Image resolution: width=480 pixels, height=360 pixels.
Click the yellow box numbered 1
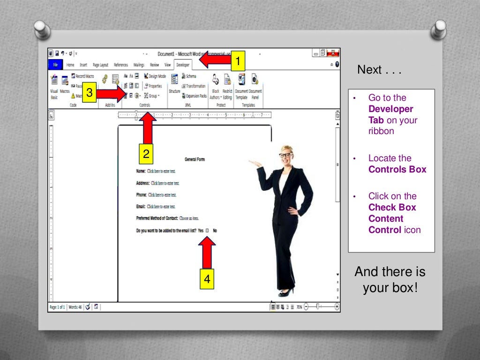[238, 61]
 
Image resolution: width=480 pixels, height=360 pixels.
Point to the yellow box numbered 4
[207, 279]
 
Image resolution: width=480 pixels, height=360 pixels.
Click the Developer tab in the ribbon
[183, 65]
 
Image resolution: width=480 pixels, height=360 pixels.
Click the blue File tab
[55, 65]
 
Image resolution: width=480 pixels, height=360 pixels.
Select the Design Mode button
[155, 76]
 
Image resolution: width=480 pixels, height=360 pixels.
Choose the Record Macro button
[82, 76]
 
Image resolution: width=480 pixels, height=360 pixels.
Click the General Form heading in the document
[195, 159]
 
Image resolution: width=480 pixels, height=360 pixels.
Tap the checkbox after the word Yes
[207, 231]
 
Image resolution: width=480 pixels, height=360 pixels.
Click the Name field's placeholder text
[161, 171]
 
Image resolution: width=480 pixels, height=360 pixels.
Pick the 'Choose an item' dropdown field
[189, 218]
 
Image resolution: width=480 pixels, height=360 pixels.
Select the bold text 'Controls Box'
[397, 169]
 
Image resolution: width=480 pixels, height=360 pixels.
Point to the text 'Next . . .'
[379, 70]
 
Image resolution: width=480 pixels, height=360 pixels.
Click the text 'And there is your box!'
[390, 279]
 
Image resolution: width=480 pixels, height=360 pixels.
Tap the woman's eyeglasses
[285, 155]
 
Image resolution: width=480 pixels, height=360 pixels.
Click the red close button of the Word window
[333, 53]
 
